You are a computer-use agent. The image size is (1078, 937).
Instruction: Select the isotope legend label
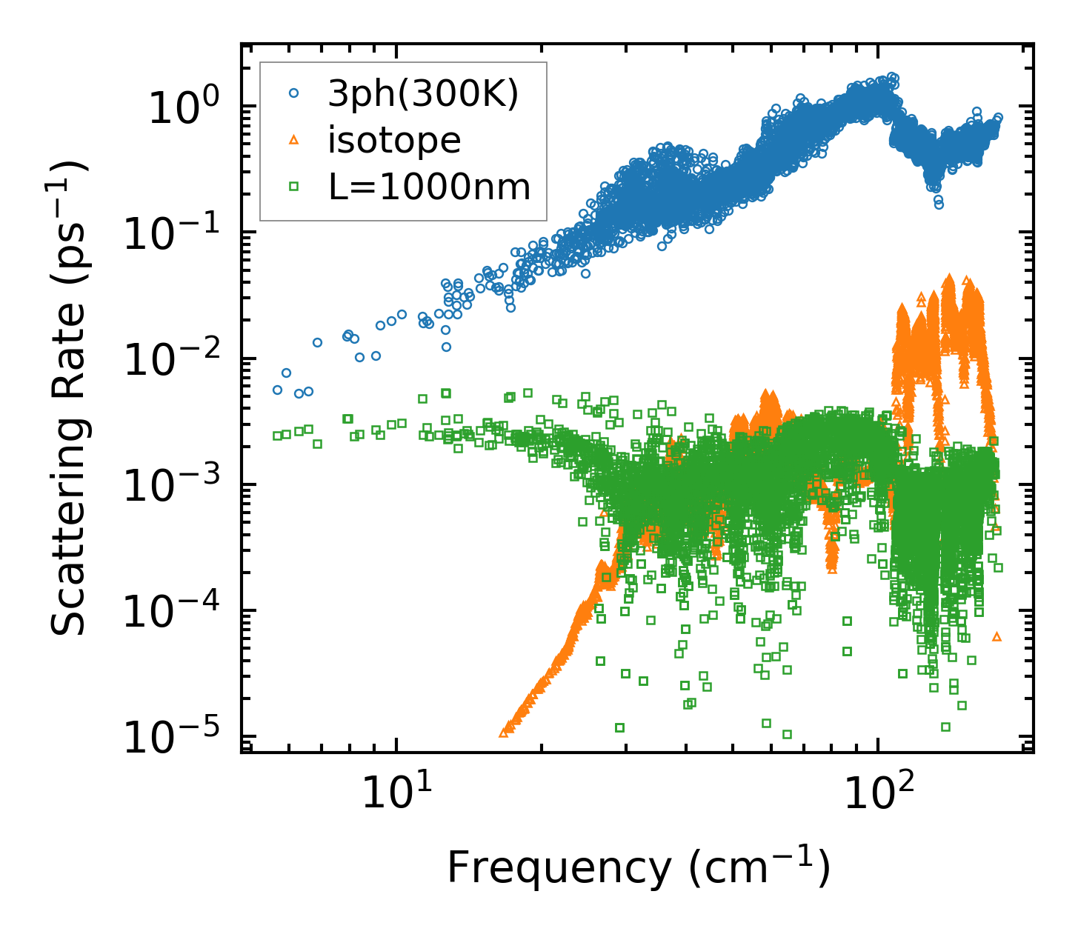[x=394, y=140]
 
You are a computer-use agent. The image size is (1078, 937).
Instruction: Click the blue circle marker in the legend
[x=294, y=94]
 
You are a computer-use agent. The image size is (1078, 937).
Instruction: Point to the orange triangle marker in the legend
[x=294, y=140]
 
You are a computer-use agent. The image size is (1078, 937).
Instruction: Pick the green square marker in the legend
[x=294, y=187]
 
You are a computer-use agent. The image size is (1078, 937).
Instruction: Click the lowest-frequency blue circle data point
[x=277, y=390]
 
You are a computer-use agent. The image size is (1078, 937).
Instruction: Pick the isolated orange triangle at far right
[x=997, y=636]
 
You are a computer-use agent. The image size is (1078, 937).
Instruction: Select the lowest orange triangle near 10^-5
[x=504, y=733]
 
